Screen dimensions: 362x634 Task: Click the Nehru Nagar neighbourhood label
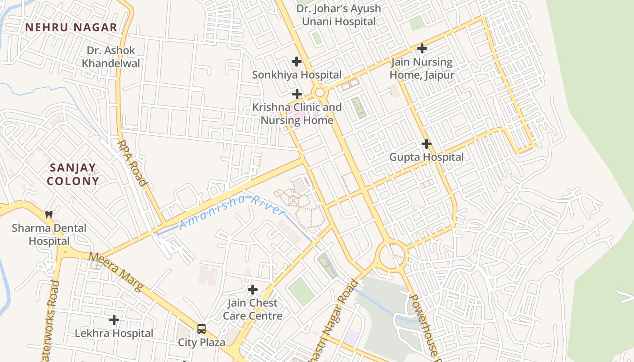coord(71,27)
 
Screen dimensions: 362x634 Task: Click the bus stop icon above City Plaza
coord(202,329)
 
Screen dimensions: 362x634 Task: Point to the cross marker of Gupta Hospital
coord(426,144)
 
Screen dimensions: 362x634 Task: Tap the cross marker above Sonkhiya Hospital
coord(297,61)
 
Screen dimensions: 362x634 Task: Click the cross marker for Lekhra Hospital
coord(114,320)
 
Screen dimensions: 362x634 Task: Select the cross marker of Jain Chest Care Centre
coord(253,289)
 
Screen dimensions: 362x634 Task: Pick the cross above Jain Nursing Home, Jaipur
coord(422,48)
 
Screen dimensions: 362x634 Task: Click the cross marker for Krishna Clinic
coord(297,94)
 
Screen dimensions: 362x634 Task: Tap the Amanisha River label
coord(232,211)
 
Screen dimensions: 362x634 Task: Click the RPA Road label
coord(132,163)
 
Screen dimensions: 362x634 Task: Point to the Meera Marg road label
coord(116,271)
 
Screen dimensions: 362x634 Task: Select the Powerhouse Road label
coord(425,328)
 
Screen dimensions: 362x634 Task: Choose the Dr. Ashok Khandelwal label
coord(111,57)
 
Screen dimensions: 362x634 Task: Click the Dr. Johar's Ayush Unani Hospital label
coord(339,15)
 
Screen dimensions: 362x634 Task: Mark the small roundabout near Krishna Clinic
coord(320,93)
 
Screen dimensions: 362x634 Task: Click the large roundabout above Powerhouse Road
coord(392,256)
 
